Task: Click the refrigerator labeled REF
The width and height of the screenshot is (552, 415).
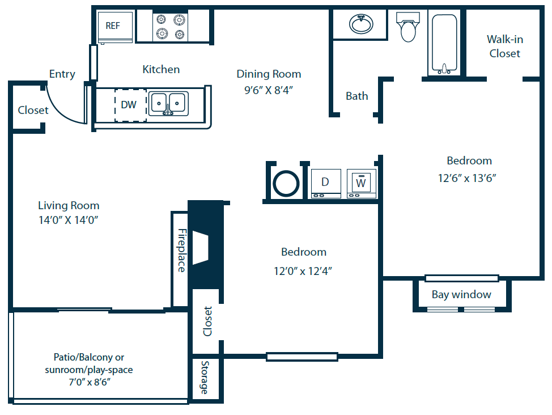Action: (x=116, y=27)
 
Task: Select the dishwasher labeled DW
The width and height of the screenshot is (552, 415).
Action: (x=130, y=104)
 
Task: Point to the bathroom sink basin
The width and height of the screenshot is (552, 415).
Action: (x=360, y=24)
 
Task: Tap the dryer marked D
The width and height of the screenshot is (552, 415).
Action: (x=325, y=183)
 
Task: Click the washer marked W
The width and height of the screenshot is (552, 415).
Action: (x=361, y=183)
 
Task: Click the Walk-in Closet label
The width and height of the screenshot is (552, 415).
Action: (x=504, y=46)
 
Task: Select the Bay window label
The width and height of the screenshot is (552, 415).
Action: (x=461, y=294)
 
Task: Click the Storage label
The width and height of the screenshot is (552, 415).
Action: (x=204, y=378)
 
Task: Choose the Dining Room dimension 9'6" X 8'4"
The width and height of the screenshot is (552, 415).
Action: (x=269, y=89)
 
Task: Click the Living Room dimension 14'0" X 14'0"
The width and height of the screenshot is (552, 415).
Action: (x=69, y=221)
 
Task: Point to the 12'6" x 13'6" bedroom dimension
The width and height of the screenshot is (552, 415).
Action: (x=467, y=177)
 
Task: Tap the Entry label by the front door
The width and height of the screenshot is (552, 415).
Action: (x=62, y=74)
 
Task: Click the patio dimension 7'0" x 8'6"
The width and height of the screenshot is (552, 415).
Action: (x=88, y=382)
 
